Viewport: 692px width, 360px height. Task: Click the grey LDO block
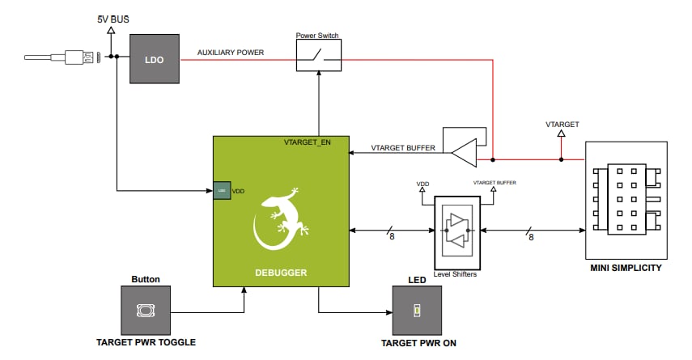click(x=154, y=58)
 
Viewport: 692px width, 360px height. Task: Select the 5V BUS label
click(x=111, y=18)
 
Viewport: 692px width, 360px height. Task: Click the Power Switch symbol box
click(x=318, y=56)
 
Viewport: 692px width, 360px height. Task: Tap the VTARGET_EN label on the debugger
click(x=307, y=142)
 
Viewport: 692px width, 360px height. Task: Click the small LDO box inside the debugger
click(x=221, y=191)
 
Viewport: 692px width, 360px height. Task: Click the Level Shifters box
click(x=457, y=231)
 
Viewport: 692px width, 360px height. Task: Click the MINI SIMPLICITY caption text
click(x=626, y=268)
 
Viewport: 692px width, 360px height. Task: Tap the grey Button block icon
click(x=146, y=311)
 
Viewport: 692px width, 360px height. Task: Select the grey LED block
click(x=418, y=311)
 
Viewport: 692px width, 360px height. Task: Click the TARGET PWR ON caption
click(x=418, y=344)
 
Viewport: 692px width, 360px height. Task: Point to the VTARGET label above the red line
click(x=563, y=125)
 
